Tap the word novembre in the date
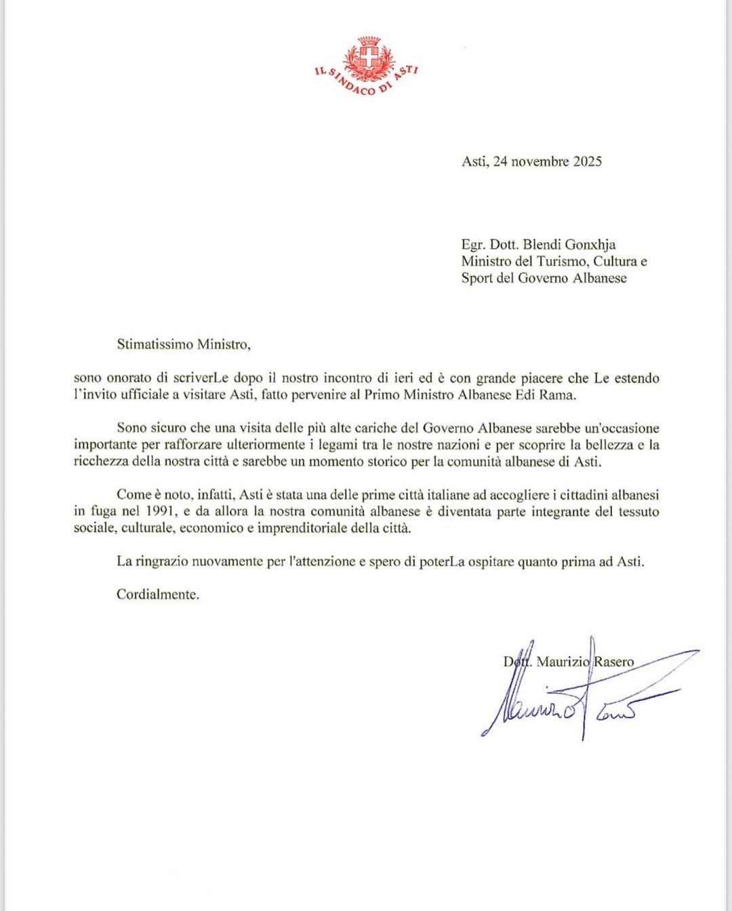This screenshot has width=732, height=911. point(542,161)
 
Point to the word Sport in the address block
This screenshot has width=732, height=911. point(476,278)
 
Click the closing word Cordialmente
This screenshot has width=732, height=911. point(158,595)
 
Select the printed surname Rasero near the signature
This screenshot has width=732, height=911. point(615,662)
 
